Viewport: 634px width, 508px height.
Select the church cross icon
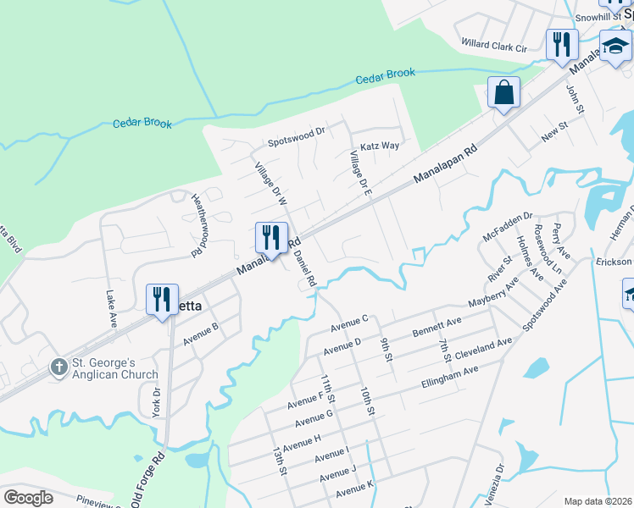[58, 367]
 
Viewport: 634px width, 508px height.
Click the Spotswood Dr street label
[297, 133]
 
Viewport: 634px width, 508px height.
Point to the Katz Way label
[380, 146]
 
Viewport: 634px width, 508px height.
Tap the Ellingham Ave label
[450, 376]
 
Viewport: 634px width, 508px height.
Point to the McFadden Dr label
[507, 227]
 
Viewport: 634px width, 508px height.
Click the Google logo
[28, 498]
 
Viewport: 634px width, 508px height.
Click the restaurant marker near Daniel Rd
[271, 237]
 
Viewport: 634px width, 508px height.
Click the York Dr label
[156, 401]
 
